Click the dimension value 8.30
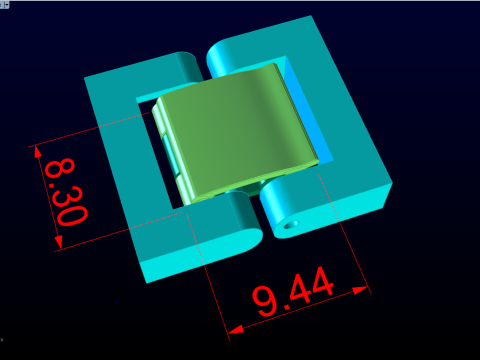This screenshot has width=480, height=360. coord(66,192)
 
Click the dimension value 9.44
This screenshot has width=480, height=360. coord(293,291)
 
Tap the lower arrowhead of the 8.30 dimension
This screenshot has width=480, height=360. coord(58,242)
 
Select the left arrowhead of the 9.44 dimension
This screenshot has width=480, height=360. coord(236,330)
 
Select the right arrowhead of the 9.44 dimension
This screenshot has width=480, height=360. coord(361,290)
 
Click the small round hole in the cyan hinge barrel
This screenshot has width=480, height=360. coord(291,225)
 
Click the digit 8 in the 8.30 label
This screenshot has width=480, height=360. coord(59,168)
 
